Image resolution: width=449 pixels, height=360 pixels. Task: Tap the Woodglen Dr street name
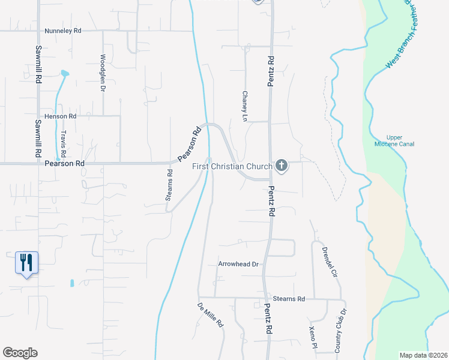(103, 72)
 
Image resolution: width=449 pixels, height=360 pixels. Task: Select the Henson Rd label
(61, 116)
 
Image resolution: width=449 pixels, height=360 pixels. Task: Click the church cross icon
(281, 166)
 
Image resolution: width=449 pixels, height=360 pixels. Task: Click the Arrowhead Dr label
(238, 264)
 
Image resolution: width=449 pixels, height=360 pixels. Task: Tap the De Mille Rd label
(211, 315)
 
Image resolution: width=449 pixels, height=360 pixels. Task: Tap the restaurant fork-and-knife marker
(26, 263)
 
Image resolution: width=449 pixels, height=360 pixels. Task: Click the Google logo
(20, 353)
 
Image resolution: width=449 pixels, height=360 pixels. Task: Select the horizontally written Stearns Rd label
(289, 298)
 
